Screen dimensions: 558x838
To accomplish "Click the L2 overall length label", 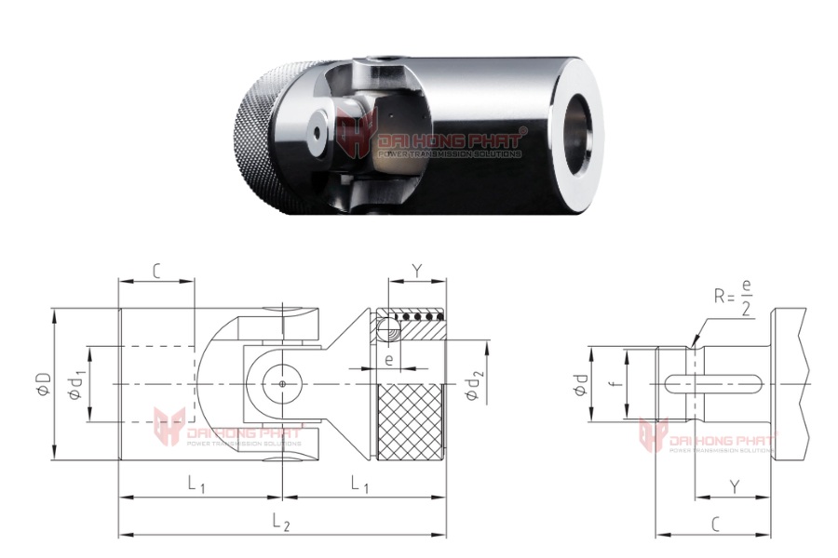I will coord(280,525).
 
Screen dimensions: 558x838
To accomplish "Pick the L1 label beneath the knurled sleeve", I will coord(359,484).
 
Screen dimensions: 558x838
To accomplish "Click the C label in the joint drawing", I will coord(155,271).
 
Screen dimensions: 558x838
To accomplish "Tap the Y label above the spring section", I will coord(417,271).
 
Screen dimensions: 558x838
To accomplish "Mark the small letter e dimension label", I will coord(388,358).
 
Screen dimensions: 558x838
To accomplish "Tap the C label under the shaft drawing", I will coord(715,525).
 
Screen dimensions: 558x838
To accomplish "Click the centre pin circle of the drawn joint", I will coord(280,382).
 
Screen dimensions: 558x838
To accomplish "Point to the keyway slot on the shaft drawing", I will coord(717,382).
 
